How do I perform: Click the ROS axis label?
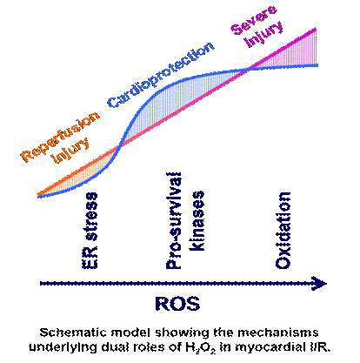177,304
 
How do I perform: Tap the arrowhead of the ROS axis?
319,284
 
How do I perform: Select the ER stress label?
90,231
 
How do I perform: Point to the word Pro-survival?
174,221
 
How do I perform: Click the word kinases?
197,221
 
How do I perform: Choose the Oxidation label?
283,231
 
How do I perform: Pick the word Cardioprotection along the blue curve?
161,75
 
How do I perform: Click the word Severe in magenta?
254,19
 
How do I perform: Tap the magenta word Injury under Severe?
263,34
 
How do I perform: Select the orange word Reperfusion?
60,137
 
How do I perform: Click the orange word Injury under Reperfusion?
70,150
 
